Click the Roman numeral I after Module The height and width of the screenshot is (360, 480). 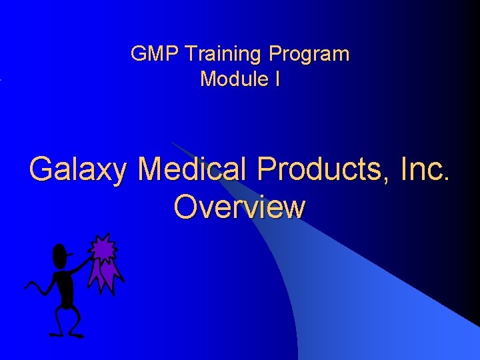pyautogui.click(x=277, y=79)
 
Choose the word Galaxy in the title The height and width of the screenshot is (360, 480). pyautogui.click(x=77, y=171)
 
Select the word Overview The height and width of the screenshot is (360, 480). pyautogui.click(x=239, y=207)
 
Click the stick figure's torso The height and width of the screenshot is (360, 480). pyautogui.click(x=65, y=287)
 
